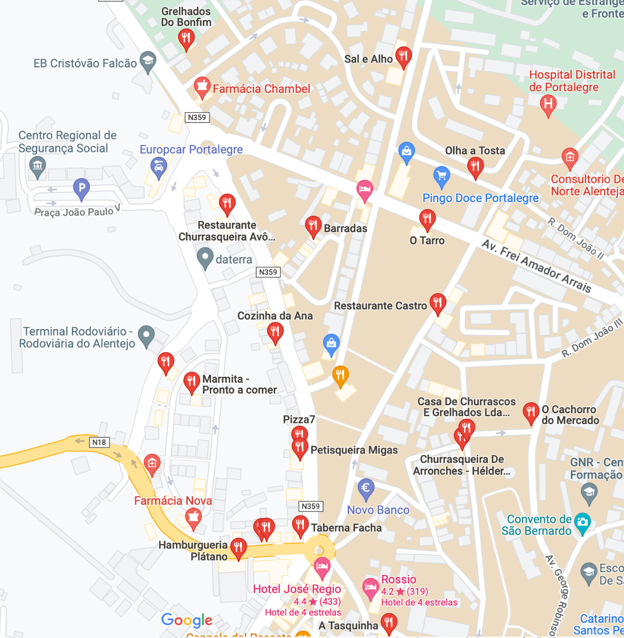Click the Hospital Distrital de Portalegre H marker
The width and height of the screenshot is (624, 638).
(x=548, y=104)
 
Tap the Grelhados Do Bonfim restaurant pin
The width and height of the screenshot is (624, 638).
(x=186, y=38)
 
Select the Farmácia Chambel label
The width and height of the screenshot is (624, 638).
(x=261, y=89)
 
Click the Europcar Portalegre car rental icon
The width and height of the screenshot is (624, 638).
(x=158, y=167)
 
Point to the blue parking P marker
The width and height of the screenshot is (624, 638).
(x=81, y=188)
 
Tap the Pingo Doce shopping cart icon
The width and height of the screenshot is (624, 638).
(x=442, y=176)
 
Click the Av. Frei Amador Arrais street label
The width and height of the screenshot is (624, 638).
(x=536, y=266)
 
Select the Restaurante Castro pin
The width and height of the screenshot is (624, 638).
(x=438, y=303)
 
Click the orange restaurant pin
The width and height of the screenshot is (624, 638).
(x=340, y=375)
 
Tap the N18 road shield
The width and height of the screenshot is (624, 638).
(x=99, y=442)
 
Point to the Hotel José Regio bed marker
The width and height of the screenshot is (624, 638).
(x=322, y=567)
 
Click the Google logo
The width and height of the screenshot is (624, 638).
(x=187, y=620)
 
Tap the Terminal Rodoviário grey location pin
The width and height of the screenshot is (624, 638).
(x=146, y=335)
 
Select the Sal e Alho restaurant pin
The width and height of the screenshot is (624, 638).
(x=403, y=57)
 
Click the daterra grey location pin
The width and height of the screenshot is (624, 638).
(x=205, y=257)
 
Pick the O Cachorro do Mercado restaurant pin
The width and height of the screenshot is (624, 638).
(x=531, y=412)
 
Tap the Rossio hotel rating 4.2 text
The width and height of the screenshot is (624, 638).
(x=387, y=591)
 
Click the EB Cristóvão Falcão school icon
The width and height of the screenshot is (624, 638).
(x=148, y=61)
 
